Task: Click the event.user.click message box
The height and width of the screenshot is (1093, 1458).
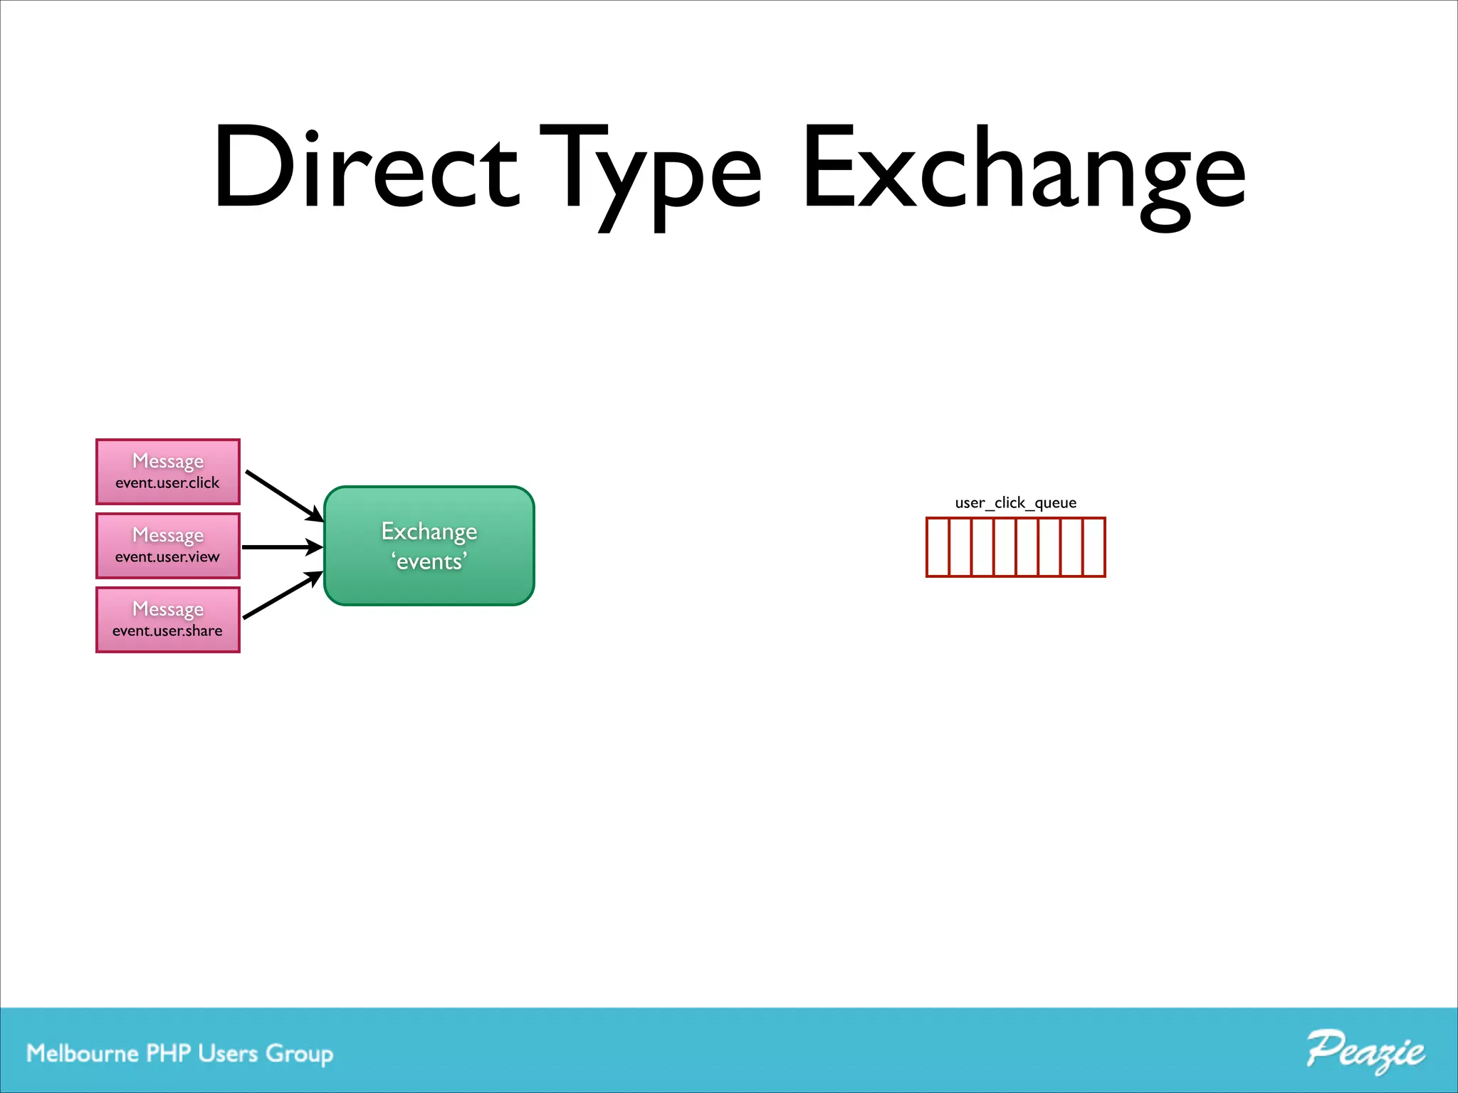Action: point(168,472)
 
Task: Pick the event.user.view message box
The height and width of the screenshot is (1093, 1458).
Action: point(168,546)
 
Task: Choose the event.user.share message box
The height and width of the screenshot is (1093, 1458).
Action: point(168,620)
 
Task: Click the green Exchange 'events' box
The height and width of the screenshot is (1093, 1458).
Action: point(429,546)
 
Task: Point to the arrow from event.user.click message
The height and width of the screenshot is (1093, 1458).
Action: point(283,495)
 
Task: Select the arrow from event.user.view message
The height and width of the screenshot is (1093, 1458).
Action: point(282,547)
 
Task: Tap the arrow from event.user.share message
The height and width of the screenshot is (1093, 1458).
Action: point(282,596)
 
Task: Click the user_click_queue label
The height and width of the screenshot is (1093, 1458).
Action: point(1015,502)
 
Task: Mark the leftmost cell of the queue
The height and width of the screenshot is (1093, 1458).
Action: point(938,547)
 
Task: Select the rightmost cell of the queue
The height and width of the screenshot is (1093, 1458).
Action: point(1093,547)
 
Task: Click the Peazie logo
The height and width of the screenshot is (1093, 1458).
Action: point(1365,1050)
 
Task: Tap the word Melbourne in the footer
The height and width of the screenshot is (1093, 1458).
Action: point(82,1053)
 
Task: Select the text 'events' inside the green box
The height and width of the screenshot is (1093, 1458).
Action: point(429,562)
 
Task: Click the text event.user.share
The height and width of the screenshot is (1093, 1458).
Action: point(167,630)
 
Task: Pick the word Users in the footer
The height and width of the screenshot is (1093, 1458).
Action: point(228,1053)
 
